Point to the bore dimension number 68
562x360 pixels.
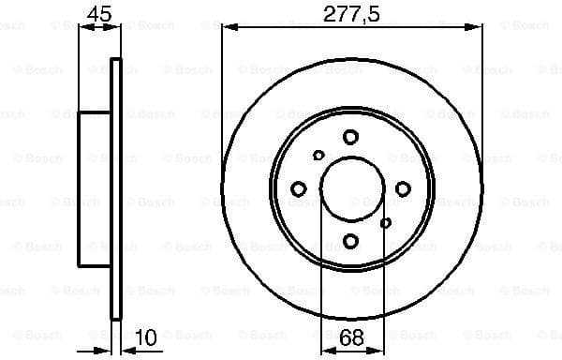[x=351, y=337]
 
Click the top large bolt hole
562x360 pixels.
[x=350, y=137]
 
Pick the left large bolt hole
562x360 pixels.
[x=299, y=189]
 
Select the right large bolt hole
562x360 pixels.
[x=403, y=189]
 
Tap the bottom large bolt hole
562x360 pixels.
[x=350, y=242]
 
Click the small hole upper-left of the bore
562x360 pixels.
[x=318, y=156]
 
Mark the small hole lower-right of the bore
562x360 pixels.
[x=385, y=222]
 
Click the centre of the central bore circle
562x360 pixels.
[x=350, y=189]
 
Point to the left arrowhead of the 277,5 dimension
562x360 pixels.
[x=227, y=27]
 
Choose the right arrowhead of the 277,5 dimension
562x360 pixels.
[x=478, y=27]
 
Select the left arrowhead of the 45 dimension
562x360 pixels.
[x=83, y=27]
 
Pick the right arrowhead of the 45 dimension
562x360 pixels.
[x=118, y=27]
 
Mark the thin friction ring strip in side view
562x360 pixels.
[x=116, y=187]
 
